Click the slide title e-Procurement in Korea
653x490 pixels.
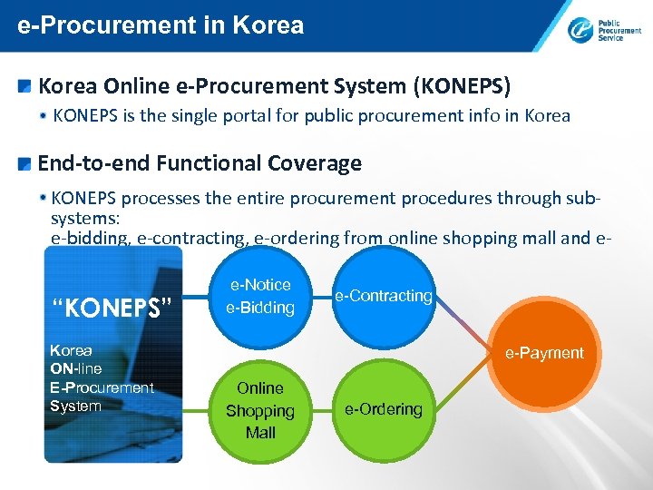pos(161,24)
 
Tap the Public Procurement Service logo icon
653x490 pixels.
pos(580,30)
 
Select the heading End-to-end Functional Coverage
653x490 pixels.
pos(200,163)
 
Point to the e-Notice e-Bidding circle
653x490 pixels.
pos(260,297)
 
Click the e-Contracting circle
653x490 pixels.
pos(384,296)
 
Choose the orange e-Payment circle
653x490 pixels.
pos(544,353)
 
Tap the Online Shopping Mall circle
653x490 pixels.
pos(260,410)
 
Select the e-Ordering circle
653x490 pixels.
pos(384,409)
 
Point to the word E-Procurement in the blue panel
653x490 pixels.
pos(102,387)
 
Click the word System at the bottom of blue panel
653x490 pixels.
pos(75,406)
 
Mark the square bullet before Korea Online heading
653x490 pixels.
pos(25,87)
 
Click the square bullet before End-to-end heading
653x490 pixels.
pos(25,164)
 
